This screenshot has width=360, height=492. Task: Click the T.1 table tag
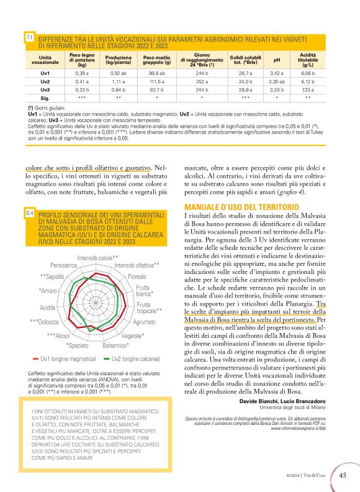click(x=29, y=38)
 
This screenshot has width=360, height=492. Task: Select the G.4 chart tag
click(x=29, y=214)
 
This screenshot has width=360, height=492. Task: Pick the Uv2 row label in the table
click(x=45, y=81)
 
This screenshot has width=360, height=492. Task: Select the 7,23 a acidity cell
click(x=311, y=89)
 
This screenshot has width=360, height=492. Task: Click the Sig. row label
click(x=45, y=98)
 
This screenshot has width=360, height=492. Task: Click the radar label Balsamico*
click(x=115, y=345)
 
